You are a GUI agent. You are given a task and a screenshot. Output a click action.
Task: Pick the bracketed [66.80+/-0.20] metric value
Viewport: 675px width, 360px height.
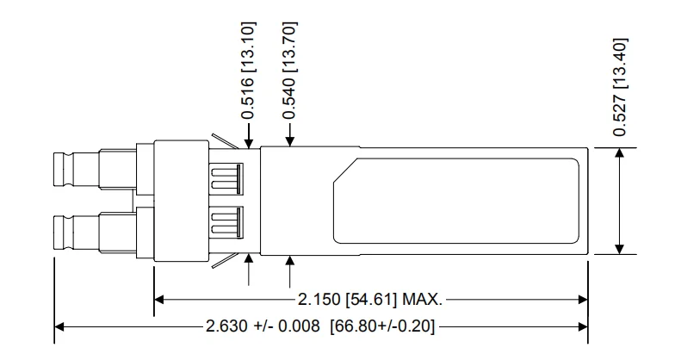coord(380,327)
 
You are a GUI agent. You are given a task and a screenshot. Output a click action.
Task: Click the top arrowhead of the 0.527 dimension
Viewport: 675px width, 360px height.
coord(618,153)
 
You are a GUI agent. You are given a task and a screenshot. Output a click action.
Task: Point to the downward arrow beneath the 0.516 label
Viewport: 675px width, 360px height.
coord(248,143)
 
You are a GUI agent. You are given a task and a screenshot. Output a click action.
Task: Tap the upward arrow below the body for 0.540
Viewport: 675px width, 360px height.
coord(289,261)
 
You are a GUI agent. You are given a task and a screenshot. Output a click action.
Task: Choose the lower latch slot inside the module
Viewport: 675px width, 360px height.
coord(226,221)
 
